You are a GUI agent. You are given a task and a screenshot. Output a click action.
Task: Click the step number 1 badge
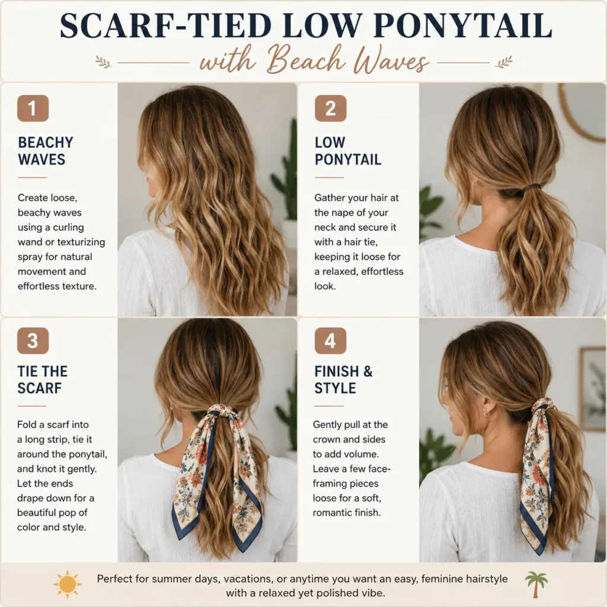[33, 108]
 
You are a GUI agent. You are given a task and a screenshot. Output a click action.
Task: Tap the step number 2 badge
[330, 108]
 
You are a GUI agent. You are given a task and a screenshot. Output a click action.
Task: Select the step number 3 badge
[33, 341]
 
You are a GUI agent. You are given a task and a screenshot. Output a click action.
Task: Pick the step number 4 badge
[330, 341]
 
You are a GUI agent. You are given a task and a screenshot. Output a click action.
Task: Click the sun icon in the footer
[68, 584]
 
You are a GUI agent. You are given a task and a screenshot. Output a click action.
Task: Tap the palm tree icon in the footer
[536, 584]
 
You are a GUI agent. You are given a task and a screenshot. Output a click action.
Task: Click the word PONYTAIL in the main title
[462, 25]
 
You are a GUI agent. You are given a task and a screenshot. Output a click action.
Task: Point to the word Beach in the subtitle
[306, 60]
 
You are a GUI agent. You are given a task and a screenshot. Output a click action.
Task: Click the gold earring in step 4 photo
[487, 413]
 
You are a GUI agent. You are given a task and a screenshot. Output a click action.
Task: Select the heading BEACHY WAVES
[45, 151]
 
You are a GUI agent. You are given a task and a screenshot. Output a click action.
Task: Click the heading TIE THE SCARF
[42, 380]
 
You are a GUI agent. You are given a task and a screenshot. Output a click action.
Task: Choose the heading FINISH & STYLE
[343, 380]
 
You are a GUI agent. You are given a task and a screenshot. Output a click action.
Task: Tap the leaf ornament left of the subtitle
[104, 62]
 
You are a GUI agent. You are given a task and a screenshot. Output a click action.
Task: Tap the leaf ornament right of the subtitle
[504, 62]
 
